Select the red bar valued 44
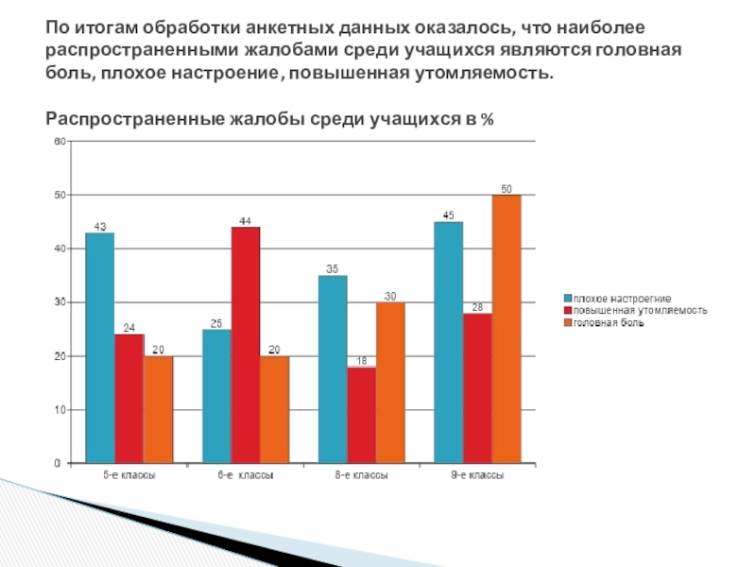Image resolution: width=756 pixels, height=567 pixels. tap(245, 345)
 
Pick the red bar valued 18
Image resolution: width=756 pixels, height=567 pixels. tap(361, 415)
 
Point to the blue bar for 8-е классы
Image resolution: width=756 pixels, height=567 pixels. tap(333, 369)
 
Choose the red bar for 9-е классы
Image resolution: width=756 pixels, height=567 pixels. tap(477, 388)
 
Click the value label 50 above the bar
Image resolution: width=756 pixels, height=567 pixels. tap(507, 189)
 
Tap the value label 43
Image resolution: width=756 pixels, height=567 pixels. tap(99, 227)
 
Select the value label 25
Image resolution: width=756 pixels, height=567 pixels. tap(215, 323)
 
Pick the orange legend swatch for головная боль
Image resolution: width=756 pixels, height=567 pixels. tap(568, 322)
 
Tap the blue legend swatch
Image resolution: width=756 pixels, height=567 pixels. tap(568, 299)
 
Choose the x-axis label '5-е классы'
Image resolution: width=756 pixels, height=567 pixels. tap(129, 476)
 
